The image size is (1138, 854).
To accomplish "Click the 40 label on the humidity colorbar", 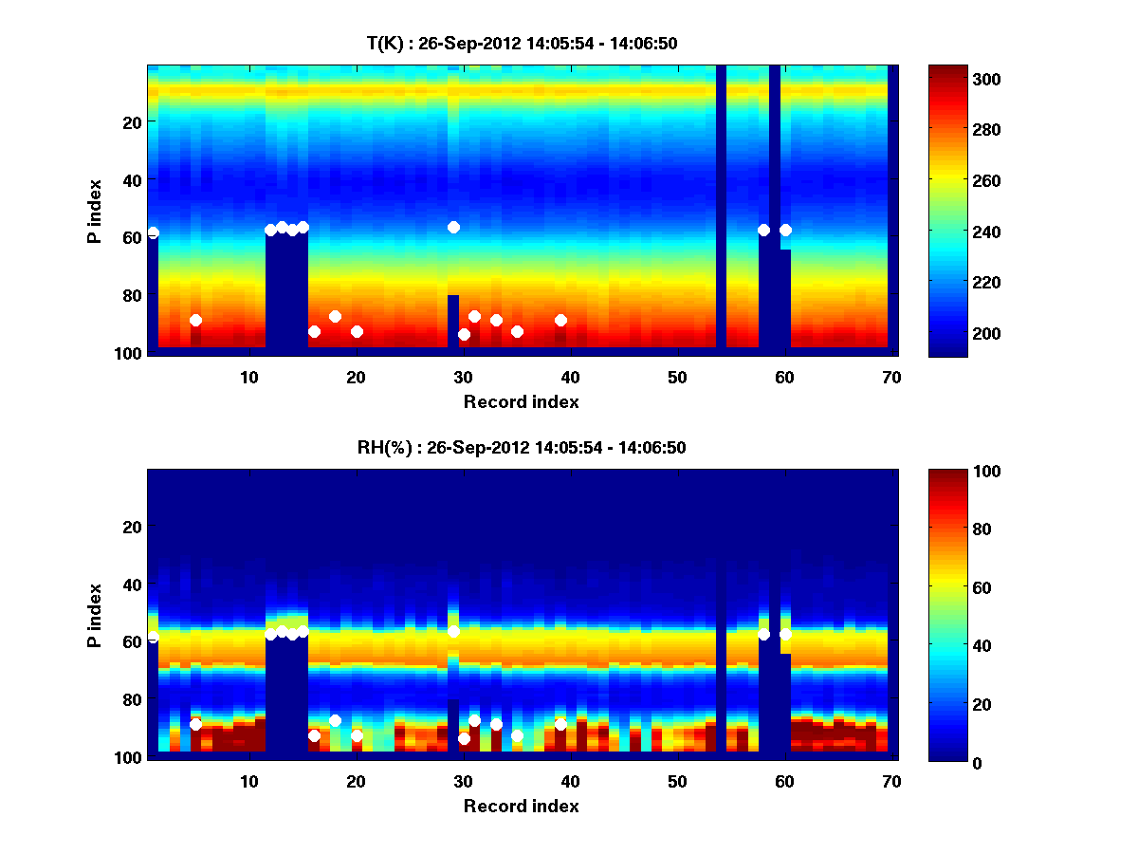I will pos(948,646).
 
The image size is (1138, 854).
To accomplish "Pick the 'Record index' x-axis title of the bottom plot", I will pos(521,806).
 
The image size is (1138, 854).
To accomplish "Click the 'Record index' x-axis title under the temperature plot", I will pos(521,401).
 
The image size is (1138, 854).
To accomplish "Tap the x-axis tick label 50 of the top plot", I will pos(677,377).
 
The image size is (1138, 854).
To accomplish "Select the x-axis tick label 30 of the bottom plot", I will pos(463,781).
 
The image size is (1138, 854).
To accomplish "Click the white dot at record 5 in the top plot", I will pos(195,320).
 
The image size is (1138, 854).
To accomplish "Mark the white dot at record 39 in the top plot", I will pos(560,320).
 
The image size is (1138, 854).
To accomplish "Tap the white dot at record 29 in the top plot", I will pos(453,227).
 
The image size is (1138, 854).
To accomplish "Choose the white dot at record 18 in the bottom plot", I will pos(335,720).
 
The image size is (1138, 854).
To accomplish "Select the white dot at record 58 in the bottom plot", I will pos(763,634).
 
